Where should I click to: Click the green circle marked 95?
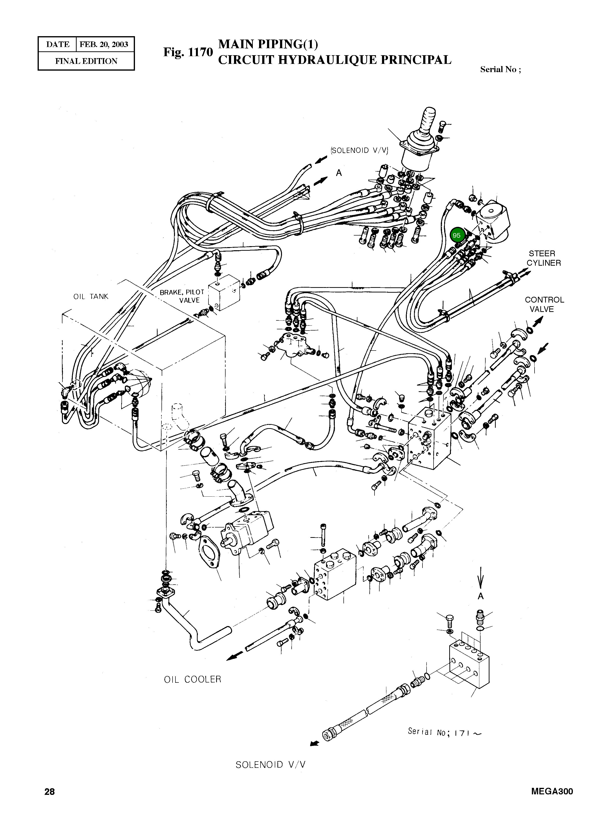pyautogui.click(x=456, y=235)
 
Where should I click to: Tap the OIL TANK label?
pyautogui.click(x=91, y=297)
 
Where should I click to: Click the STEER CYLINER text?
pyautogui.click(x=543, y=258)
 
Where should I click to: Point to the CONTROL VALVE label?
pyautogui.click(x=544, y=304)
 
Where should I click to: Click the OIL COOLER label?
pyautogui.click(x=192, y=679)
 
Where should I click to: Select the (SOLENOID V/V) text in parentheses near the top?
pyautogui.click(x=360, y=150)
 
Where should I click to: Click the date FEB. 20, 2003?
pyautogui.click(x=104, y=45)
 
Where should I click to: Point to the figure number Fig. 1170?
pyautogui.click(x=188, y=52)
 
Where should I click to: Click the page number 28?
pyautogui.click(x=49, y=802)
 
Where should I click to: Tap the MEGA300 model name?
pyautogui.click(x=552, y=802)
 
